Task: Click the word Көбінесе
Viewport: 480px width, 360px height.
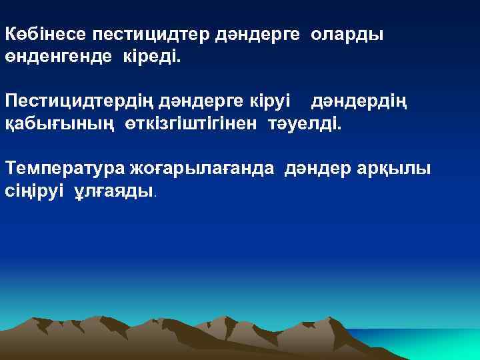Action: coord(45,34)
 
